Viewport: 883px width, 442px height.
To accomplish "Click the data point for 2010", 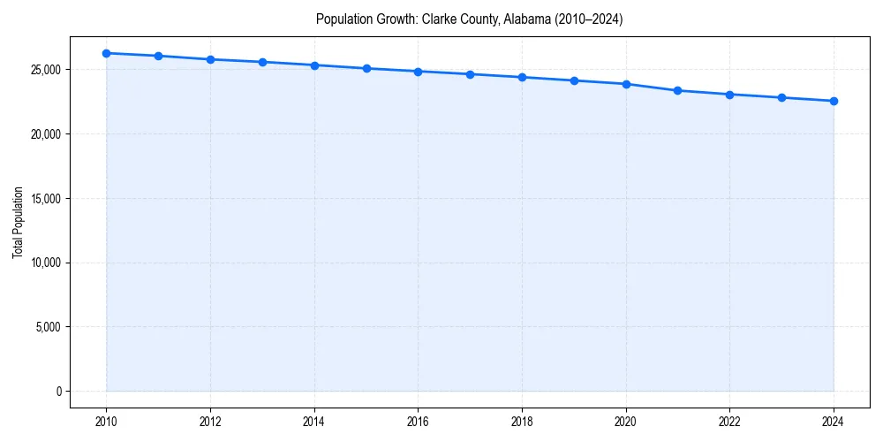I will (x=106, y=53).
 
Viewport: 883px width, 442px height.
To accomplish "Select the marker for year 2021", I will (x=677, y=90).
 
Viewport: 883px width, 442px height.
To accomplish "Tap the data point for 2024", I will (x=834, y=101).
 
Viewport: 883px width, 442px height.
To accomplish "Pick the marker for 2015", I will (x=366, y=68).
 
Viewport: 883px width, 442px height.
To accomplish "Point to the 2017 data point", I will (x=470, y=74).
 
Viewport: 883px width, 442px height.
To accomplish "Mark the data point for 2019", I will (x=574, y=80).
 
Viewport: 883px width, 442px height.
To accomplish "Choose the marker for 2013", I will (x=262, y=62).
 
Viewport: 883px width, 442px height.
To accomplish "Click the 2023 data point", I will (x=781, y=97).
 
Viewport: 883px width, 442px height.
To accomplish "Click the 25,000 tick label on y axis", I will (x=45, y=70).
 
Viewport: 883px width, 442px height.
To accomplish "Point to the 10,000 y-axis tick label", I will (x=45, y=263).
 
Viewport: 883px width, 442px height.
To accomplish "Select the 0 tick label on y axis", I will (x=57, y=391).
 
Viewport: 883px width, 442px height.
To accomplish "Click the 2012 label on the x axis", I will (x=210, y=422).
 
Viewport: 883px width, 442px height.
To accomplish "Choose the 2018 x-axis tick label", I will (x=522, y=422).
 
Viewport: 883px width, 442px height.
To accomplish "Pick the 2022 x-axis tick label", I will (x=729, y=422).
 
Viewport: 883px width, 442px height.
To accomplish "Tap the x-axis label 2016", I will (x=418, y=422).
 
